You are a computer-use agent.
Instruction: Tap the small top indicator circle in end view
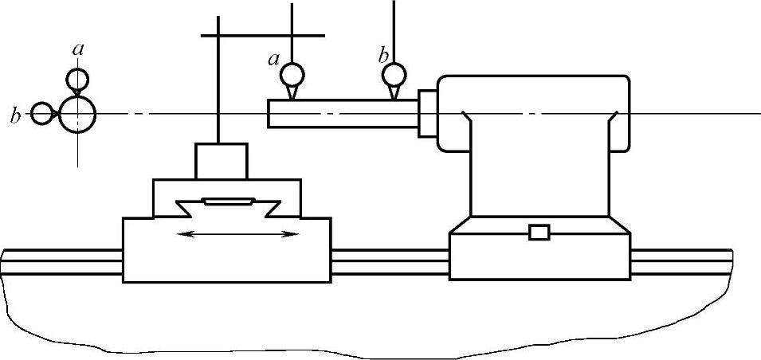[x=77, y=78]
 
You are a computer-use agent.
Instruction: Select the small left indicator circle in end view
[x=41, y=114]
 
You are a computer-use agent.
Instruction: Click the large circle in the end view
[x=77, y=115]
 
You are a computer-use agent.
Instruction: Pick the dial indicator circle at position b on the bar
[x=394, y=75]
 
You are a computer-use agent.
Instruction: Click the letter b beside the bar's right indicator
[x=383, y=55]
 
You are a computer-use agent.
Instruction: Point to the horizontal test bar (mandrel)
[x=343, y=112]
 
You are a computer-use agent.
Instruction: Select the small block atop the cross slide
[x=222, y=161]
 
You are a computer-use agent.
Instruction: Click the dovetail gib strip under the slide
[x=229, y=202]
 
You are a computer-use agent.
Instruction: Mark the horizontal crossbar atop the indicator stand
[x=263, y=36]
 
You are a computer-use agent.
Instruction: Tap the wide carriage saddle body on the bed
[x=227, y=248]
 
